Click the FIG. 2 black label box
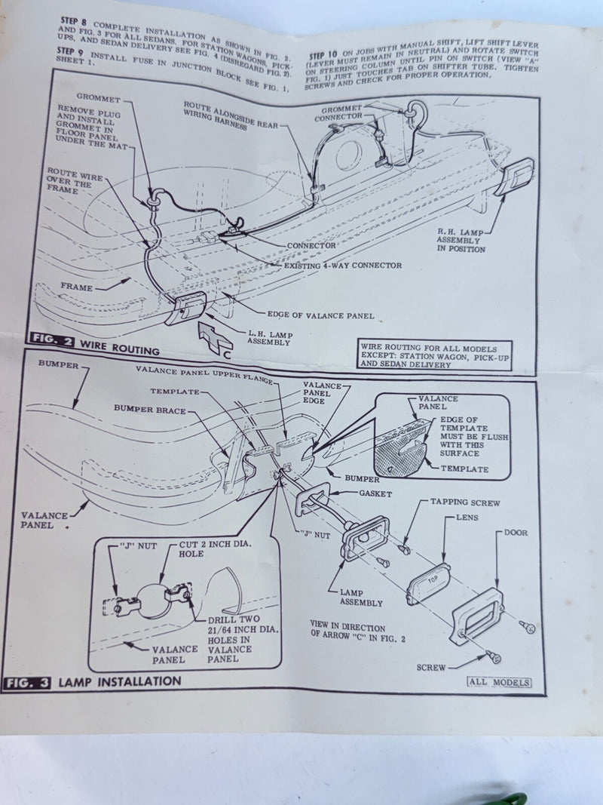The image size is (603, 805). pyautogui.click(x=52, y=340)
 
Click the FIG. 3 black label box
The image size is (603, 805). pyautogui.click(x=27, y=683)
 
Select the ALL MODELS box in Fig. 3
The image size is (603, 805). pyautogui.click(x=499, y=682)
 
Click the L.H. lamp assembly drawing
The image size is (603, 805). pyautogui.click(x=185, y=308)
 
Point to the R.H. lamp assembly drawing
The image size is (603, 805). pyautogui.click(x=514, y=177)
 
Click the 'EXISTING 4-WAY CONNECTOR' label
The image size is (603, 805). pyautogui.click(x=342, y=266)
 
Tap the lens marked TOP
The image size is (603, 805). pyautogui.click(x=429, y=584)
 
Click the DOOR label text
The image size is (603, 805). pyautogui.click(x=516, y=533)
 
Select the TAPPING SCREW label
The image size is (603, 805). pyautogui.click(x=464, y=502)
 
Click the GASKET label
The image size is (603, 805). pyautogui.click(x=375, y=493)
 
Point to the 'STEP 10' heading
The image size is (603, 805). pyautogui.click(x=323, y=55)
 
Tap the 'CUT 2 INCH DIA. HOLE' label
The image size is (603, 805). pyautogui.click(x=215, y=548)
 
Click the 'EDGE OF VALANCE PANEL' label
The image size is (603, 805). pyautogui.click(x=320, y=315)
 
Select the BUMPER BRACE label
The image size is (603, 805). pyautogui.click(x=150, y=409)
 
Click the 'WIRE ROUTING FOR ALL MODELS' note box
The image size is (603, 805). pyautogui.click(x=434, y=355)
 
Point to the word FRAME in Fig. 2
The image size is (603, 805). pyautogui.click(x=76, y=287)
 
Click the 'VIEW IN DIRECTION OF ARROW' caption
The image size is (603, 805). pyautogui.click(x=357, y=631)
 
